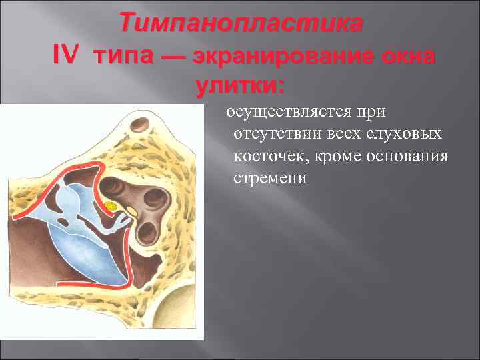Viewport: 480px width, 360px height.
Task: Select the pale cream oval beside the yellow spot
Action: (x=131, y=211)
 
